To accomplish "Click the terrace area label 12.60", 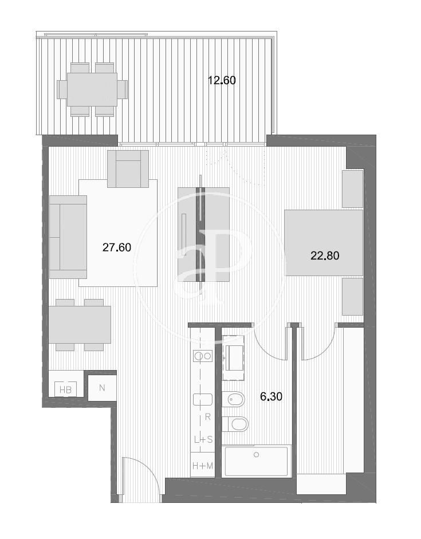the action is tap(222, 80).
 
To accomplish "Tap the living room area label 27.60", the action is tap(117, 247).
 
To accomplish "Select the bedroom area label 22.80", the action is tap(325, 255).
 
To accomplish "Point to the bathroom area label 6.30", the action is tap(271, 397).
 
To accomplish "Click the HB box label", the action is tap(65, 390).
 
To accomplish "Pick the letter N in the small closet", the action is tap(102, 388).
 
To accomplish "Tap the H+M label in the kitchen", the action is tap(203, 466).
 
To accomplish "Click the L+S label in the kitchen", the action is tap(203, 440).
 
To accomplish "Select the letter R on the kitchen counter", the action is tap(207, 417).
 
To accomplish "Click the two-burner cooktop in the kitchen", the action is tap(203, 356).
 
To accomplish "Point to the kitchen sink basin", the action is tap(203, 399).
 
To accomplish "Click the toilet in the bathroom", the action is tap(235, 424).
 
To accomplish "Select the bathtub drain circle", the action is tap(256, 455).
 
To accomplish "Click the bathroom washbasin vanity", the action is tap(233, 358).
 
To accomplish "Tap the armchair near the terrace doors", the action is tap(128, 169).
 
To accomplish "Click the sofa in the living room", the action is tap(68, 237).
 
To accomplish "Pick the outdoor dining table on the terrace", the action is tap(92, 89).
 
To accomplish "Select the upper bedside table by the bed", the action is tap(353, 188).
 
